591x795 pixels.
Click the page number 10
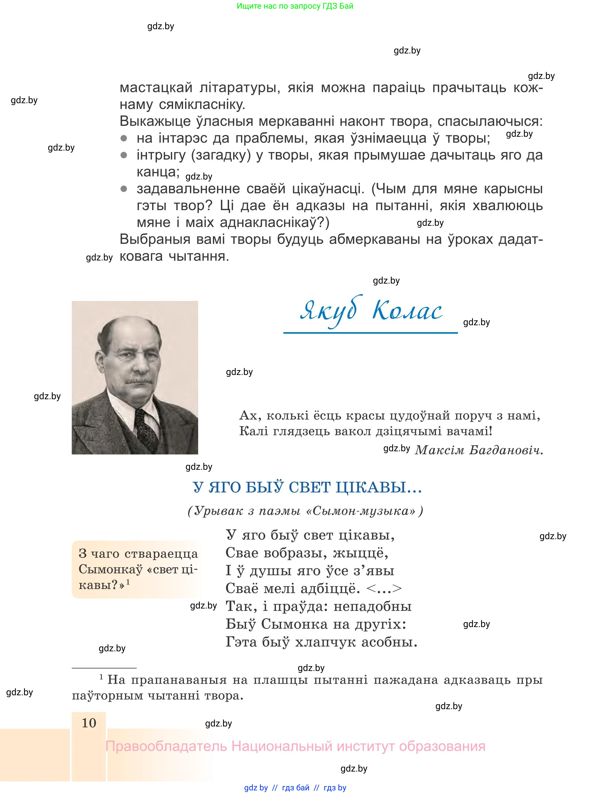click(x=89, y=723)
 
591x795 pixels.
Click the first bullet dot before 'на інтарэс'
click(x=124, y=138)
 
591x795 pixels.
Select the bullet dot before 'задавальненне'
click(x=124, y=189)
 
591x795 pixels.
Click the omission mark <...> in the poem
click(x=384, y=588)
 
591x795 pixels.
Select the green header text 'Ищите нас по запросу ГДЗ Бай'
click(x=295, y=6)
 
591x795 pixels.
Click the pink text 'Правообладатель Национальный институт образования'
click(x=295, y=746)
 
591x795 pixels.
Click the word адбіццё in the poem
click(x=330, y=588)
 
